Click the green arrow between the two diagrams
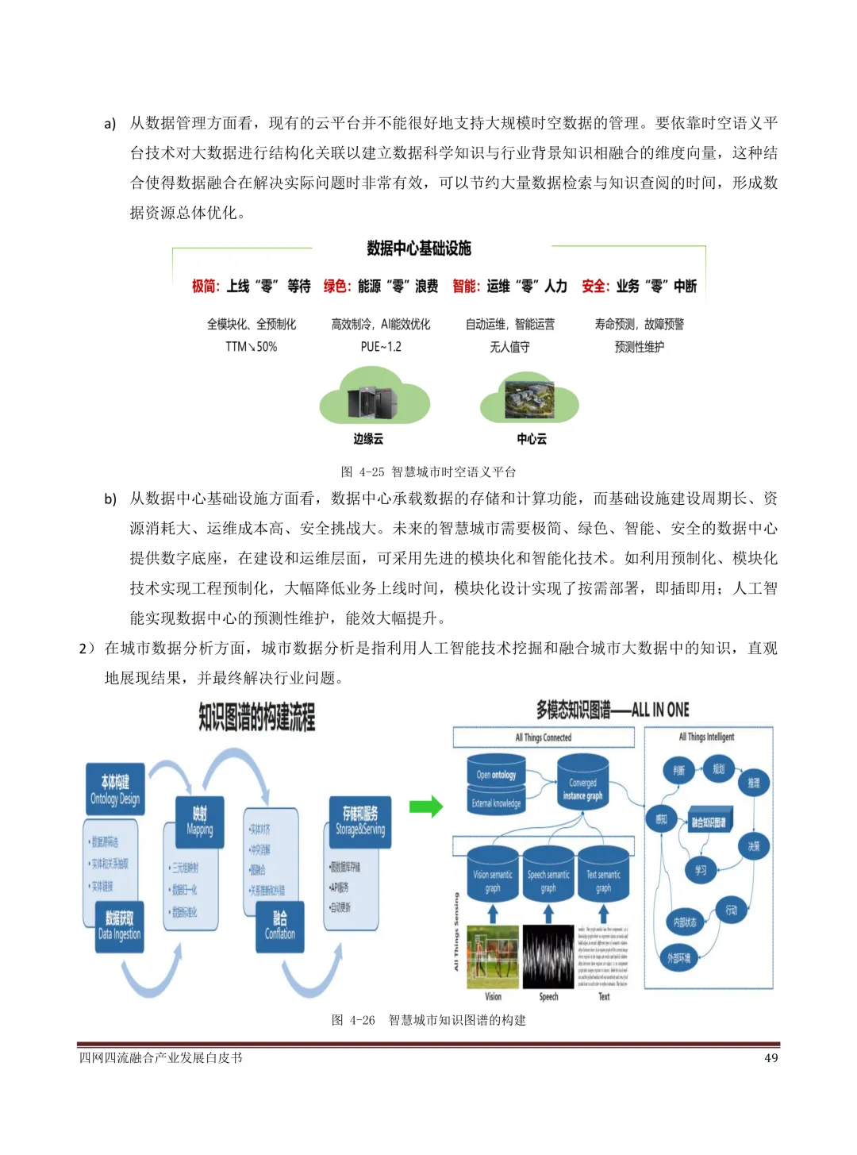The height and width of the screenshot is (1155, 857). pos(426,807)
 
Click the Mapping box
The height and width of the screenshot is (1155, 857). pos(199,822)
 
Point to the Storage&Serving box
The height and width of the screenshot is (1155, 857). pos(359,822)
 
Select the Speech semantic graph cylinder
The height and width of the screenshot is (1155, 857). pos(548,878)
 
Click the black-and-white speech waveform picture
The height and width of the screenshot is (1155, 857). pos(548,957)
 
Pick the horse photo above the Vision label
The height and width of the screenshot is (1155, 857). pos(493,957)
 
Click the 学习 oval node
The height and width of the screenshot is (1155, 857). pos(701,870)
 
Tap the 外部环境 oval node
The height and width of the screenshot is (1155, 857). pos(678,958)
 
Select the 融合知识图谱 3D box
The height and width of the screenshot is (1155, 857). pos(708,822)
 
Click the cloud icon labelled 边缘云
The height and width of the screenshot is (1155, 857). pos(373,398)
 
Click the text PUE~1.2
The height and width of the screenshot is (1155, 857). pos(381,347)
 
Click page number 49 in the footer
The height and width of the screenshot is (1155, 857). pos(771,1058)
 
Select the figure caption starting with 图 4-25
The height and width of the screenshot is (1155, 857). pos(428,472)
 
